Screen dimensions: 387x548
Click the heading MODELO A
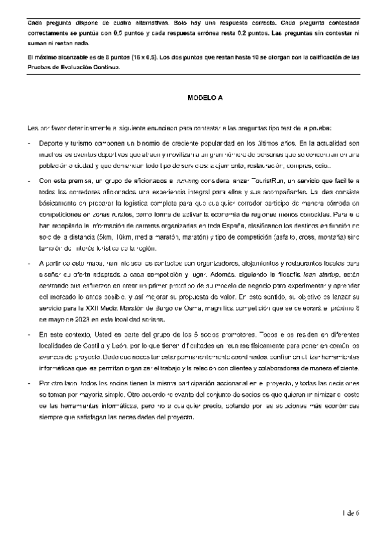point(205,98)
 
